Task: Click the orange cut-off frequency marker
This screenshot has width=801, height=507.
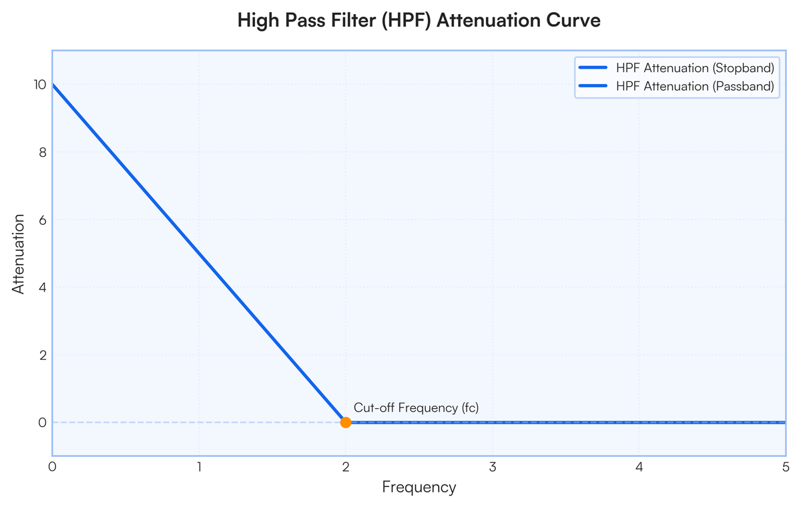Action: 346,422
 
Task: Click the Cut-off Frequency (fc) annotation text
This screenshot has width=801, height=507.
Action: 416,408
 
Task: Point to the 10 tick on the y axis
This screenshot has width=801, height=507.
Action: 40,85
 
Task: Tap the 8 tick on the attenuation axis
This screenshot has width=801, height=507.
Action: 43,153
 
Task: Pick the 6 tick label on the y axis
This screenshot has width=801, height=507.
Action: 43,220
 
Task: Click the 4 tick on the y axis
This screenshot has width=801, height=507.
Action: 43,288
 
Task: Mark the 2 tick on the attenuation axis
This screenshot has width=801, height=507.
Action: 43,355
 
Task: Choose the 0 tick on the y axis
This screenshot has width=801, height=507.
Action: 43,423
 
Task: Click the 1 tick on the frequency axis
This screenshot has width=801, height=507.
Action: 199,467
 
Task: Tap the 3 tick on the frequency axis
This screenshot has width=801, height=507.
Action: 493,467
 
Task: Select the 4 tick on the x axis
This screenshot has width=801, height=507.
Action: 639,467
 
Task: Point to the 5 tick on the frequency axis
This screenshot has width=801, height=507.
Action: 786,467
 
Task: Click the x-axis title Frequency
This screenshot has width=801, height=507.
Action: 419,488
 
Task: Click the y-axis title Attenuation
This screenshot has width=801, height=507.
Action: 18,253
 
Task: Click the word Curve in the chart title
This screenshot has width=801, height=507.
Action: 573,20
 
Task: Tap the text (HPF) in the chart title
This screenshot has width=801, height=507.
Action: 407,21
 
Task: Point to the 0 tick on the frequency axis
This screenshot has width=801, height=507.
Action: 52,467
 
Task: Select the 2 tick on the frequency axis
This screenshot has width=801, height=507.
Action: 346,467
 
